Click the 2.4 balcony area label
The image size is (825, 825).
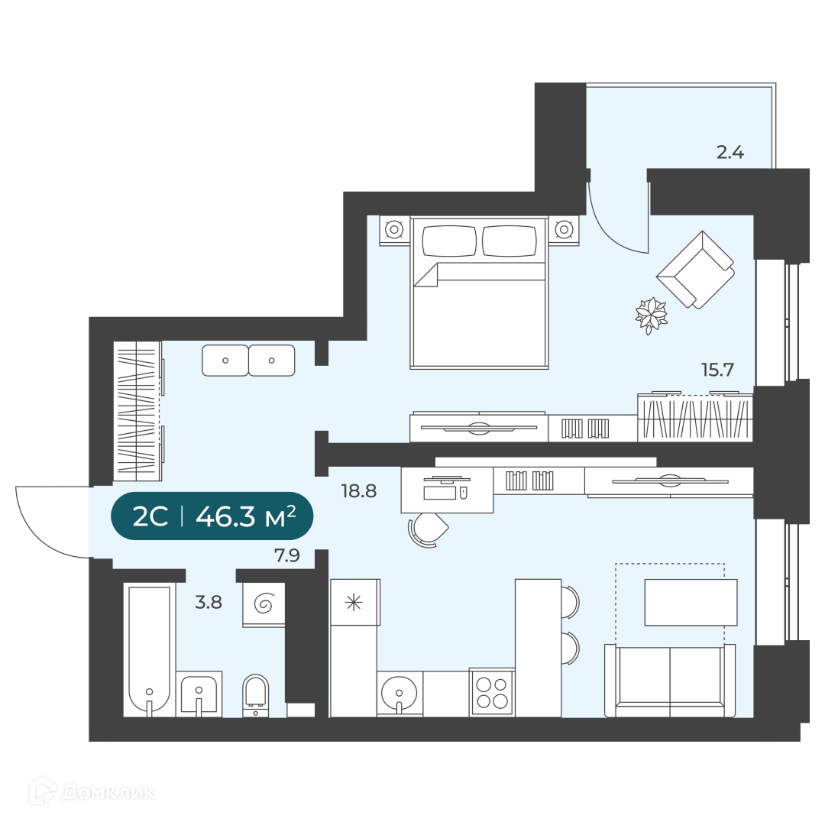730,152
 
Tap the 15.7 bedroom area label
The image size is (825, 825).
717,370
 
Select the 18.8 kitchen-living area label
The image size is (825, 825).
359,491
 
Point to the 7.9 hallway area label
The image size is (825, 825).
287,555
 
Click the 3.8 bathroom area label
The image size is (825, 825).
209,602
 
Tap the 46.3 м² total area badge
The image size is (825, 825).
212,516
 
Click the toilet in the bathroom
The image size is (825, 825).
256,694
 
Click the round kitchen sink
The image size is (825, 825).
400,694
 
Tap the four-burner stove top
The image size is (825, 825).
492,692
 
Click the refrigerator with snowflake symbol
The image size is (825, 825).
354,602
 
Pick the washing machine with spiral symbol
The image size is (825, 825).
264,604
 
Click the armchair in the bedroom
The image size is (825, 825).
695,270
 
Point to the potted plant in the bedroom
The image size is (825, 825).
651,315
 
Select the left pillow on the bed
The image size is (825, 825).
449,241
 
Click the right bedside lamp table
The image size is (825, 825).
564,231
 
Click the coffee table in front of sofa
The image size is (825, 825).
691,603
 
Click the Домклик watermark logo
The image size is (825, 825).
92,792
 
